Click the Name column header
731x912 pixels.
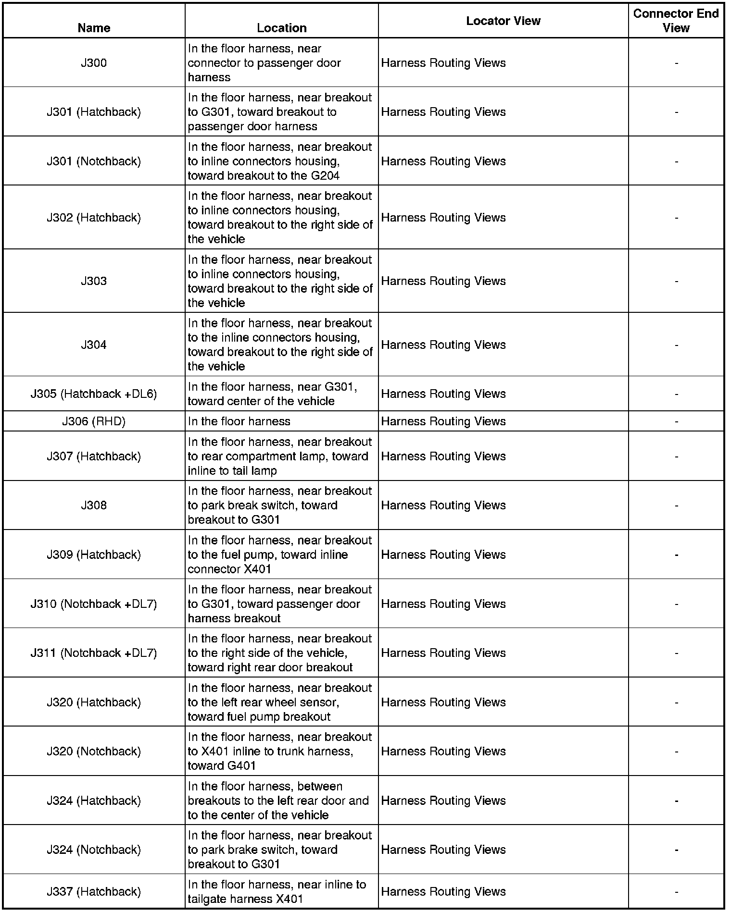[94, 28]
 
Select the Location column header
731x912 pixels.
[281, 28]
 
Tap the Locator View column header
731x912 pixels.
[503, 21]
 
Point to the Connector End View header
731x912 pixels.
[676, 21]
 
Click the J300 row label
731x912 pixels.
[94, 63]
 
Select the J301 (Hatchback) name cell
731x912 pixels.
[94, 112]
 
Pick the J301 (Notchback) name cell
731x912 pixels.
[94, 161]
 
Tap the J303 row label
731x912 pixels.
[94, 281]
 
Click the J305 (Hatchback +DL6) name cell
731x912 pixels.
[94, 394]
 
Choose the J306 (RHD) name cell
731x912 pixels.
[94, 421]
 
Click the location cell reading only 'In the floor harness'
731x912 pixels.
[239, 421]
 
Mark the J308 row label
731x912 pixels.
[94, 505]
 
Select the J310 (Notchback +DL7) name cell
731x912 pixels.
[94, 604]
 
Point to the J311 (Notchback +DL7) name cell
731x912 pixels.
[94, 653]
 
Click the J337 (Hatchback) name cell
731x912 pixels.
[94, 891]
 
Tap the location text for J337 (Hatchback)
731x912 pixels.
[277, 891]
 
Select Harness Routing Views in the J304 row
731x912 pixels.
[443, 345]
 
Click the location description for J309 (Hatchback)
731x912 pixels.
[279, 555]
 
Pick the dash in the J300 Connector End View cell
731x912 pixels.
[676, 63]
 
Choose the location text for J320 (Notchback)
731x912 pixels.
[279, 751]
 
